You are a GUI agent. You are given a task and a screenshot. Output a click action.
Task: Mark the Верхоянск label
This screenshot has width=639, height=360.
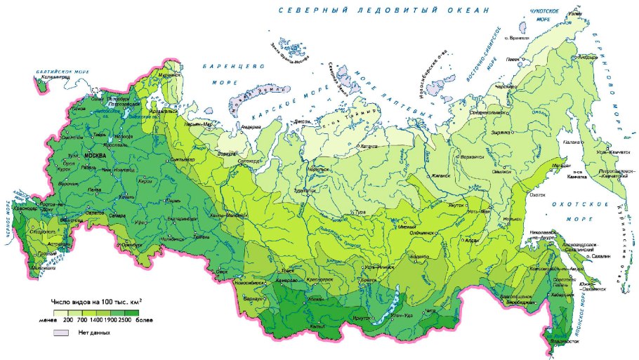[473, 156]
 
